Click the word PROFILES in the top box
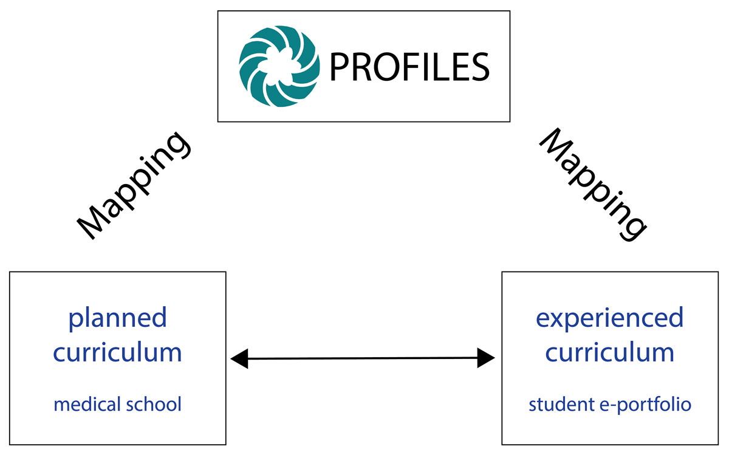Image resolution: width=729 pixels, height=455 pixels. coord(409,66)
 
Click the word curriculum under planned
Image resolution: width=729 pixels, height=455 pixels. coord(117,352)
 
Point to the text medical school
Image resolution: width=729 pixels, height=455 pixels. coord(117,404)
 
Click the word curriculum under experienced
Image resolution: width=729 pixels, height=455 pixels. coord(609,352)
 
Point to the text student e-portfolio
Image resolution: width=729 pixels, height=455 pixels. coord(609,404)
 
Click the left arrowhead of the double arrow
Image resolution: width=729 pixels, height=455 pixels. coord(239,359)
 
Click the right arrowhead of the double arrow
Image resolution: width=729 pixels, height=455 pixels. coord(486,358)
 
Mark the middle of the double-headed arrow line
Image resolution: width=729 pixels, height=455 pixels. coord(363,358)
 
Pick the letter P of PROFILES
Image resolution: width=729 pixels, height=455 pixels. coord(338,67)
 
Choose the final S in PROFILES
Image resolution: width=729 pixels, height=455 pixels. coord(479,67)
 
